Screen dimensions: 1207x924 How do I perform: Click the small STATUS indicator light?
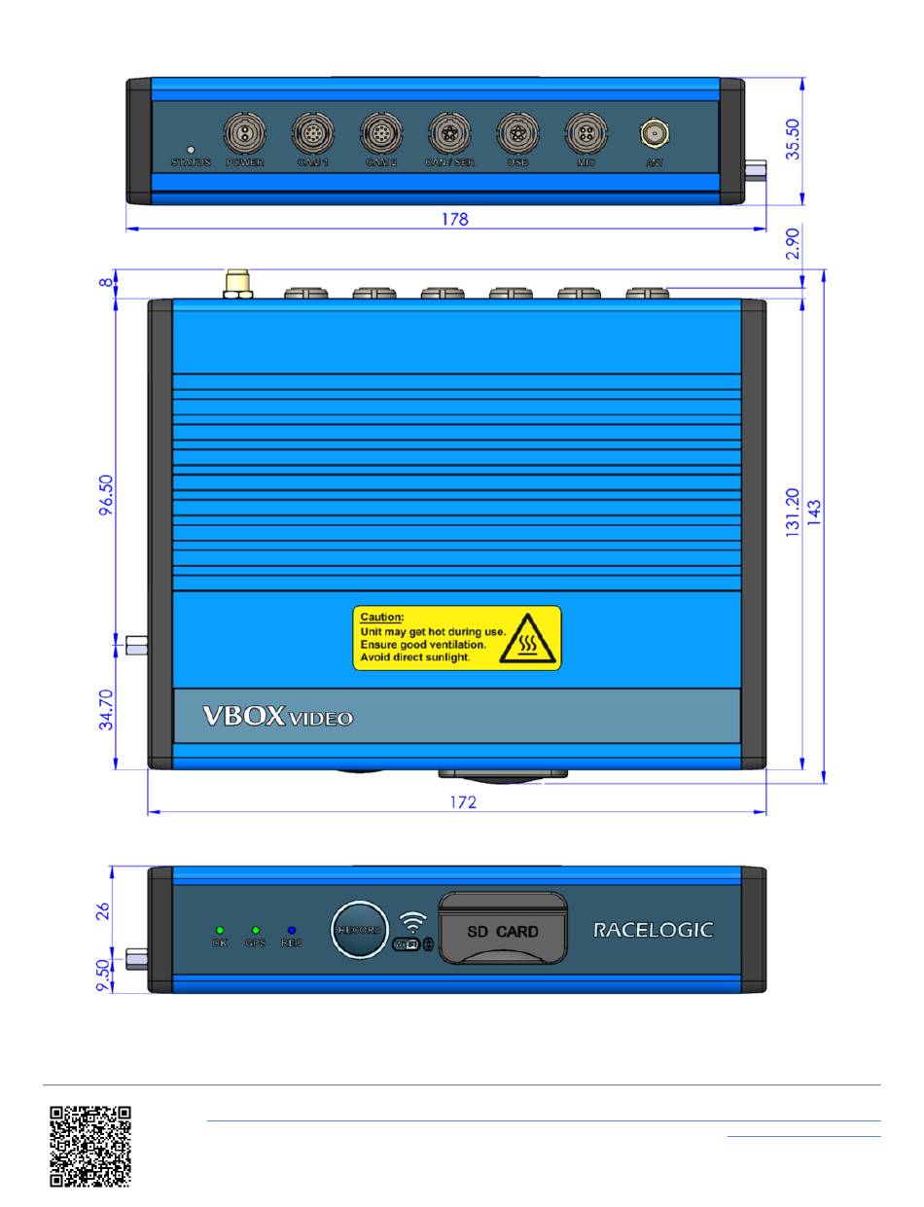[191, 149]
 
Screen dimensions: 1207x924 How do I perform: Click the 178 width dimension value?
[454, 220]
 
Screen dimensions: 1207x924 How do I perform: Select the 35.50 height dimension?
[796, 140]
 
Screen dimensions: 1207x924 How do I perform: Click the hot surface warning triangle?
[529, 638]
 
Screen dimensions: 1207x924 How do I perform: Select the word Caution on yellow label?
[381, 617]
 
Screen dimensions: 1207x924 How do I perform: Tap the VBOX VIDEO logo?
[277, 718]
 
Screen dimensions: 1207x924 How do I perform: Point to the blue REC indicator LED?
[291, 931]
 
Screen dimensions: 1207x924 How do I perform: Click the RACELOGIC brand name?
[653, 930]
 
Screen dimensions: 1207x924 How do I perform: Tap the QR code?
[90, 1147]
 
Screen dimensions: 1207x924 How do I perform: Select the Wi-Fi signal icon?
[413, 921]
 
